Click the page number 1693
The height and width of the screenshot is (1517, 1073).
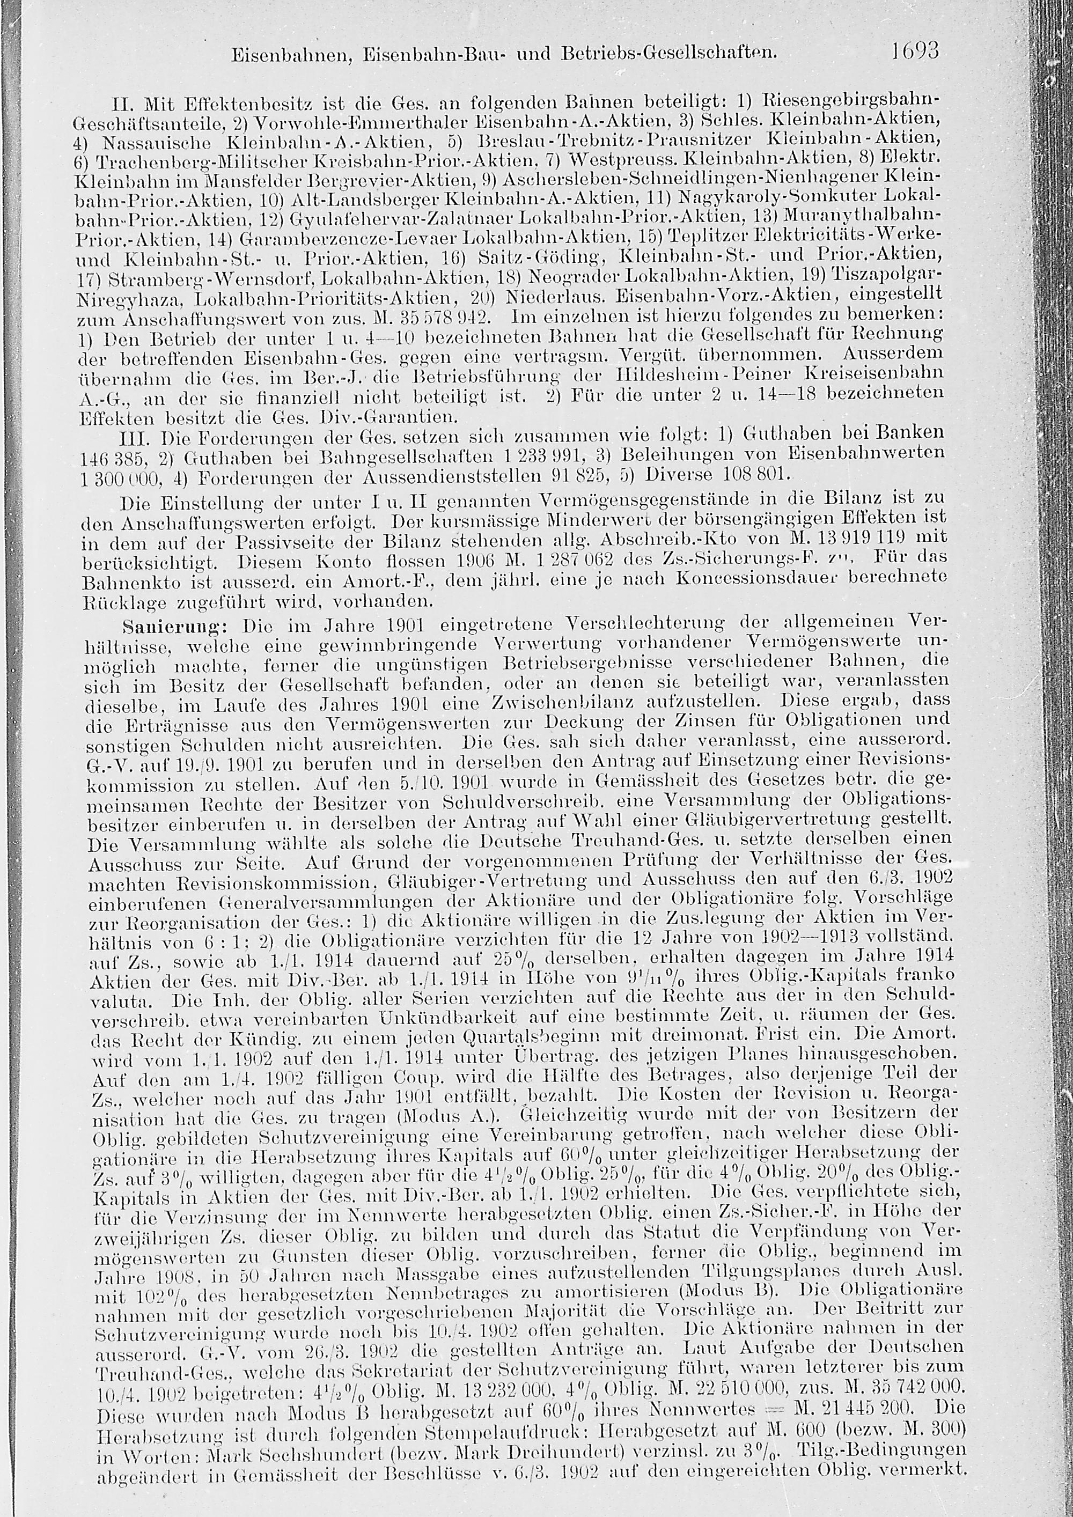914,51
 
